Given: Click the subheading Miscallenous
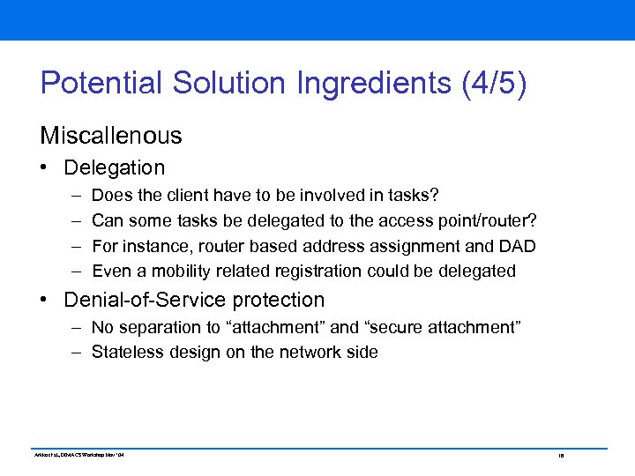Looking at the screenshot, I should point(111,136).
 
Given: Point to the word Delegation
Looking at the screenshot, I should point(115,167).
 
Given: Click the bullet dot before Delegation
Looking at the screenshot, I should point(45,168).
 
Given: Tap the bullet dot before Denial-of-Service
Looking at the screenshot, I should point(45,301).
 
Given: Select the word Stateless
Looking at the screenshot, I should point(125,353).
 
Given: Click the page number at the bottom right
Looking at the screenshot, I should point(560,455).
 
